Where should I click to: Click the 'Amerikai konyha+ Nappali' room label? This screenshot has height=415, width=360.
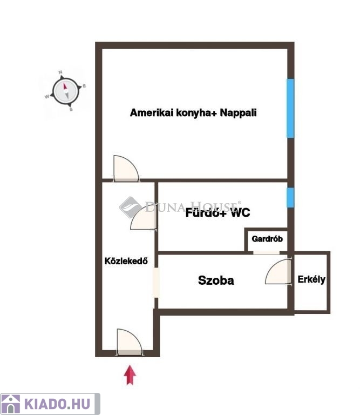pyautogui.click(x=193, y=113)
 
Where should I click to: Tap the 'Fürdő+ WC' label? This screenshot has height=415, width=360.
pyautogui.click(x=218, y=213)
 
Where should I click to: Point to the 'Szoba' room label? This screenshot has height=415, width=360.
pyautogui.click(x=216, y=280)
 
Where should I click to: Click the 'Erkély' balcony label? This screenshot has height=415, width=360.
pyautogui.click(x=311, y=279)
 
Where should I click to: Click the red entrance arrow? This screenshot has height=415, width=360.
pyautogui.click(x=130, y=375)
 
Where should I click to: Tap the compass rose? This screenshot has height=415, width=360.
pyautogui.click(x=65, y=91)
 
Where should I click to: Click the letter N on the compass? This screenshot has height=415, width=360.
pyautogui.click(x=60, y=72)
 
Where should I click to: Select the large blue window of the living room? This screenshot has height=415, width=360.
pyautogui.click(x=290, y=108)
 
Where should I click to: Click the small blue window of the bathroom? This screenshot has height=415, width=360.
pyautogui.click(x=290, y=197)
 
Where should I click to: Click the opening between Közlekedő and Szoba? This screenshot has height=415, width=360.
pyautogui.click(x=156, y=283)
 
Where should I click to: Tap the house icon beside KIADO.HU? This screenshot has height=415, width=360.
pyautogui.click(x=10, y=404)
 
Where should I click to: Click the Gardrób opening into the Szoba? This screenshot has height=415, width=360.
pyautogui.click(x=267, y=252)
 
